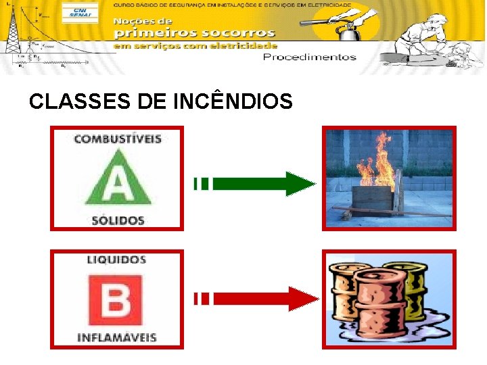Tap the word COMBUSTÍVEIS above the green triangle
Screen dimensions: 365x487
[x=118, y=139]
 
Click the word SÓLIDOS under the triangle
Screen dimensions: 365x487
[x=118, y=220]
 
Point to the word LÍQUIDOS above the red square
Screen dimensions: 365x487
[x=116, y=260]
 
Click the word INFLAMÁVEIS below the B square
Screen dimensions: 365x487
[x=116, y=337]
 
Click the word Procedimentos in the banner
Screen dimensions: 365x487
[x=309, y=57]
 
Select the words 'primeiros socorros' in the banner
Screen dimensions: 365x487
[x=195, y=32]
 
